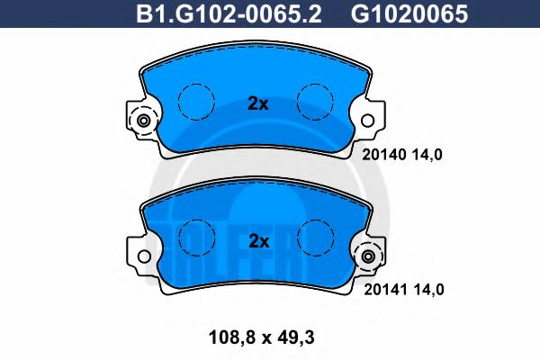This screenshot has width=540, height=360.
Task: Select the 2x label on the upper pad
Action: [x=258, y=103]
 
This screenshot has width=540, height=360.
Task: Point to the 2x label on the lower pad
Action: [x=258, y=241]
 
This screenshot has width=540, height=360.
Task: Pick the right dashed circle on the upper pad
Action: [x=315, y=101]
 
